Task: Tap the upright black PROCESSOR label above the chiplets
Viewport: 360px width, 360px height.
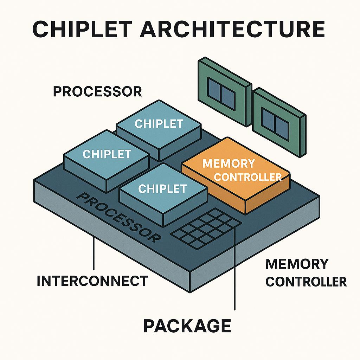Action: point(97,92)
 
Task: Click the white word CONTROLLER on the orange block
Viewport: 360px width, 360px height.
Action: point(248,176)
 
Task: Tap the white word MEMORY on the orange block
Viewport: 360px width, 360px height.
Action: point(229,163)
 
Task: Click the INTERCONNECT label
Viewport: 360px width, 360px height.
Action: point(92,281)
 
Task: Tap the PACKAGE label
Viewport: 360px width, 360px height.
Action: point(187,326)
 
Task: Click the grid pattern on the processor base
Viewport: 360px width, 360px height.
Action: point(206,229)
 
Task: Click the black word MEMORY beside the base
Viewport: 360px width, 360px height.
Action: point(297,264)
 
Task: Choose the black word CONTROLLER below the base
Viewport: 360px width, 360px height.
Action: point(306,282)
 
